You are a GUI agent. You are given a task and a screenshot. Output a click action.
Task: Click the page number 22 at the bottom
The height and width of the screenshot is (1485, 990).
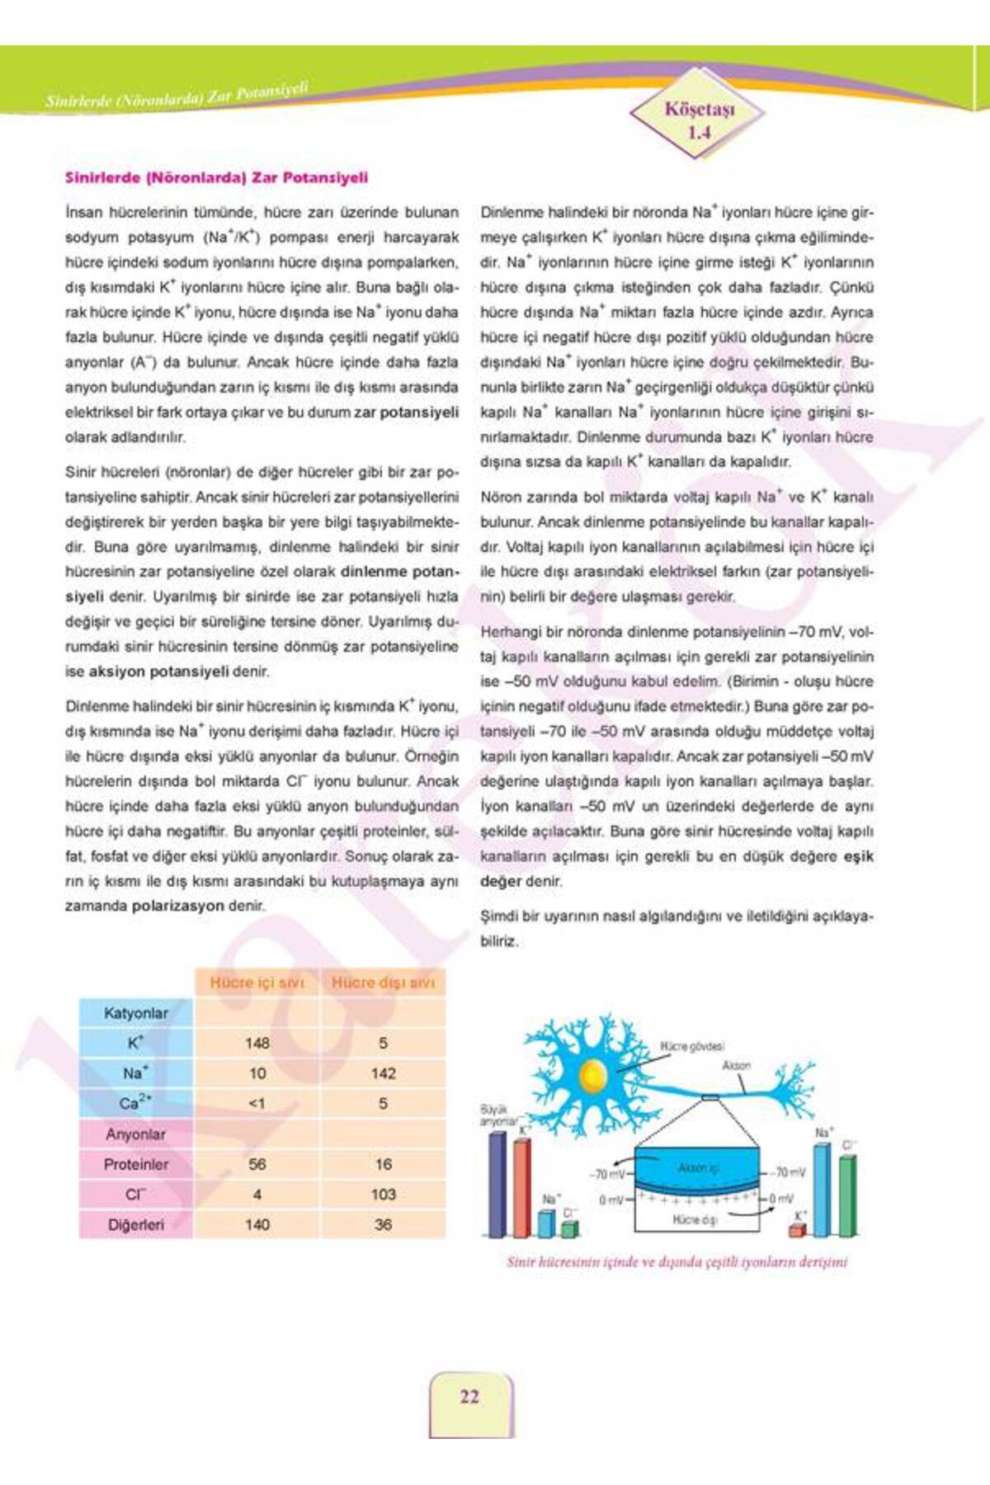point(469,1396)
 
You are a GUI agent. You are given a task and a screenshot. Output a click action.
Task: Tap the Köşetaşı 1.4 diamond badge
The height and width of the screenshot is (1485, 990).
point(699,120)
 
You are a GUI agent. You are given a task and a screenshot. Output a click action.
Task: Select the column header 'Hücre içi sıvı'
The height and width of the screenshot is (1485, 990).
point(257,983)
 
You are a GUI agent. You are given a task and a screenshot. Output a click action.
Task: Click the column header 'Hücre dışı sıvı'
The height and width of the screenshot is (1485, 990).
point(383,983)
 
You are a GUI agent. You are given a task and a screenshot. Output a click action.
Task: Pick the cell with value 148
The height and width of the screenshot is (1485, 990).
point(257,1043)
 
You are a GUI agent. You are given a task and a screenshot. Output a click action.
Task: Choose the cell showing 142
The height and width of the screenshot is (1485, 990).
point(383,1073)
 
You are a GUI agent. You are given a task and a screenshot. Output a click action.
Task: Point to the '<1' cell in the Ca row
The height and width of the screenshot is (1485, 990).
point(257,1104)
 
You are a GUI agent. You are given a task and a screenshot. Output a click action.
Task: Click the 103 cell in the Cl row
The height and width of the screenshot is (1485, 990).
point(383,1194)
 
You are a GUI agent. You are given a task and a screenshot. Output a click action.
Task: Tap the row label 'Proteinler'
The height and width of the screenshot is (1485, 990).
point(136,1164)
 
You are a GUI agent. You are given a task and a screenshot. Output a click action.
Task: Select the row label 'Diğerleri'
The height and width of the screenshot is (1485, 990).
point(136,1225)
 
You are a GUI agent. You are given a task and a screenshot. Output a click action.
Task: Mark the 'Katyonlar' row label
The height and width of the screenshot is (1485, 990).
point(136,1013)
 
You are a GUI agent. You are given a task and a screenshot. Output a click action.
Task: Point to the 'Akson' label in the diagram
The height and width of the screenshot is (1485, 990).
point(736,1065)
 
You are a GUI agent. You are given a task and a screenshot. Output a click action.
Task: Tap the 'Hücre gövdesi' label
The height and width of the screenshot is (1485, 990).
point(691,1046)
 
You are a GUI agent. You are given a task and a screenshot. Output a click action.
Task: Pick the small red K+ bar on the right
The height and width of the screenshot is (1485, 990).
point(796,1231)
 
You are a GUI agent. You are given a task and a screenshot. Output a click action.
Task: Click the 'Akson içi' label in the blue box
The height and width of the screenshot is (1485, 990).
point(698,1167)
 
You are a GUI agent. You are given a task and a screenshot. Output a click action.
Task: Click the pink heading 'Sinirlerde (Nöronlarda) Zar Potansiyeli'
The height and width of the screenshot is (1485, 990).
point(216,177)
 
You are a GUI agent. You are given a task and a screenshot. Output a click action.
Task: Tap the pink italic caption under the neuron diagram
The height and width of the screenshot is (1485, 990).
point(676,1261)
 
